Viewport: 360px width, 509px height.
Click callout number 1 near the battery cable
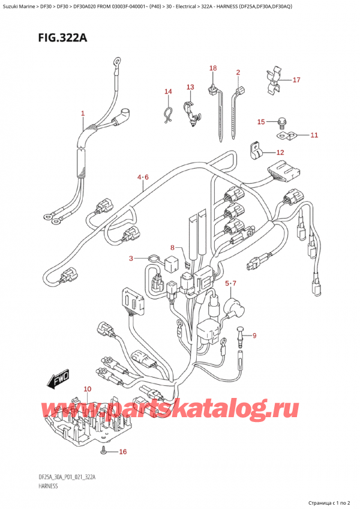83,113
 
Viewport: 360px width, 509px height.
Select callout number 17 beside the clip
295,80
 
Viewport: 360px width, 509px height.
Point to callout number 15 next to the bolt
260,122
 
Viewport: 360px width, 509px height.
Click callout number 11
313,136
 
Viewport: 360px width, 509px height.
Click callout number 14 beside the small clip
168,91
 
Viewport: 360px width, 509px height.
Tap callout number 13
190,87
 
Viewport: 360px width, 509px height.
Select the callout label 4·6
142,177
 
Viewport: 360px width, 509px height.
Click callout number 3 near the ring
130,259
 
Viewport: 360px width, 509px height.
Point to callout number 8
172,248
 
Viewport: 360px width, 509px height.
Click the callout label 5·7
231,283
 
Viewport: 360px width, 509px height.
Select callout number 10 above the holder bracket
87,390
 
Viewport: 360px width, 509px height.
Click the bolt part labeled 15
280,124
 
